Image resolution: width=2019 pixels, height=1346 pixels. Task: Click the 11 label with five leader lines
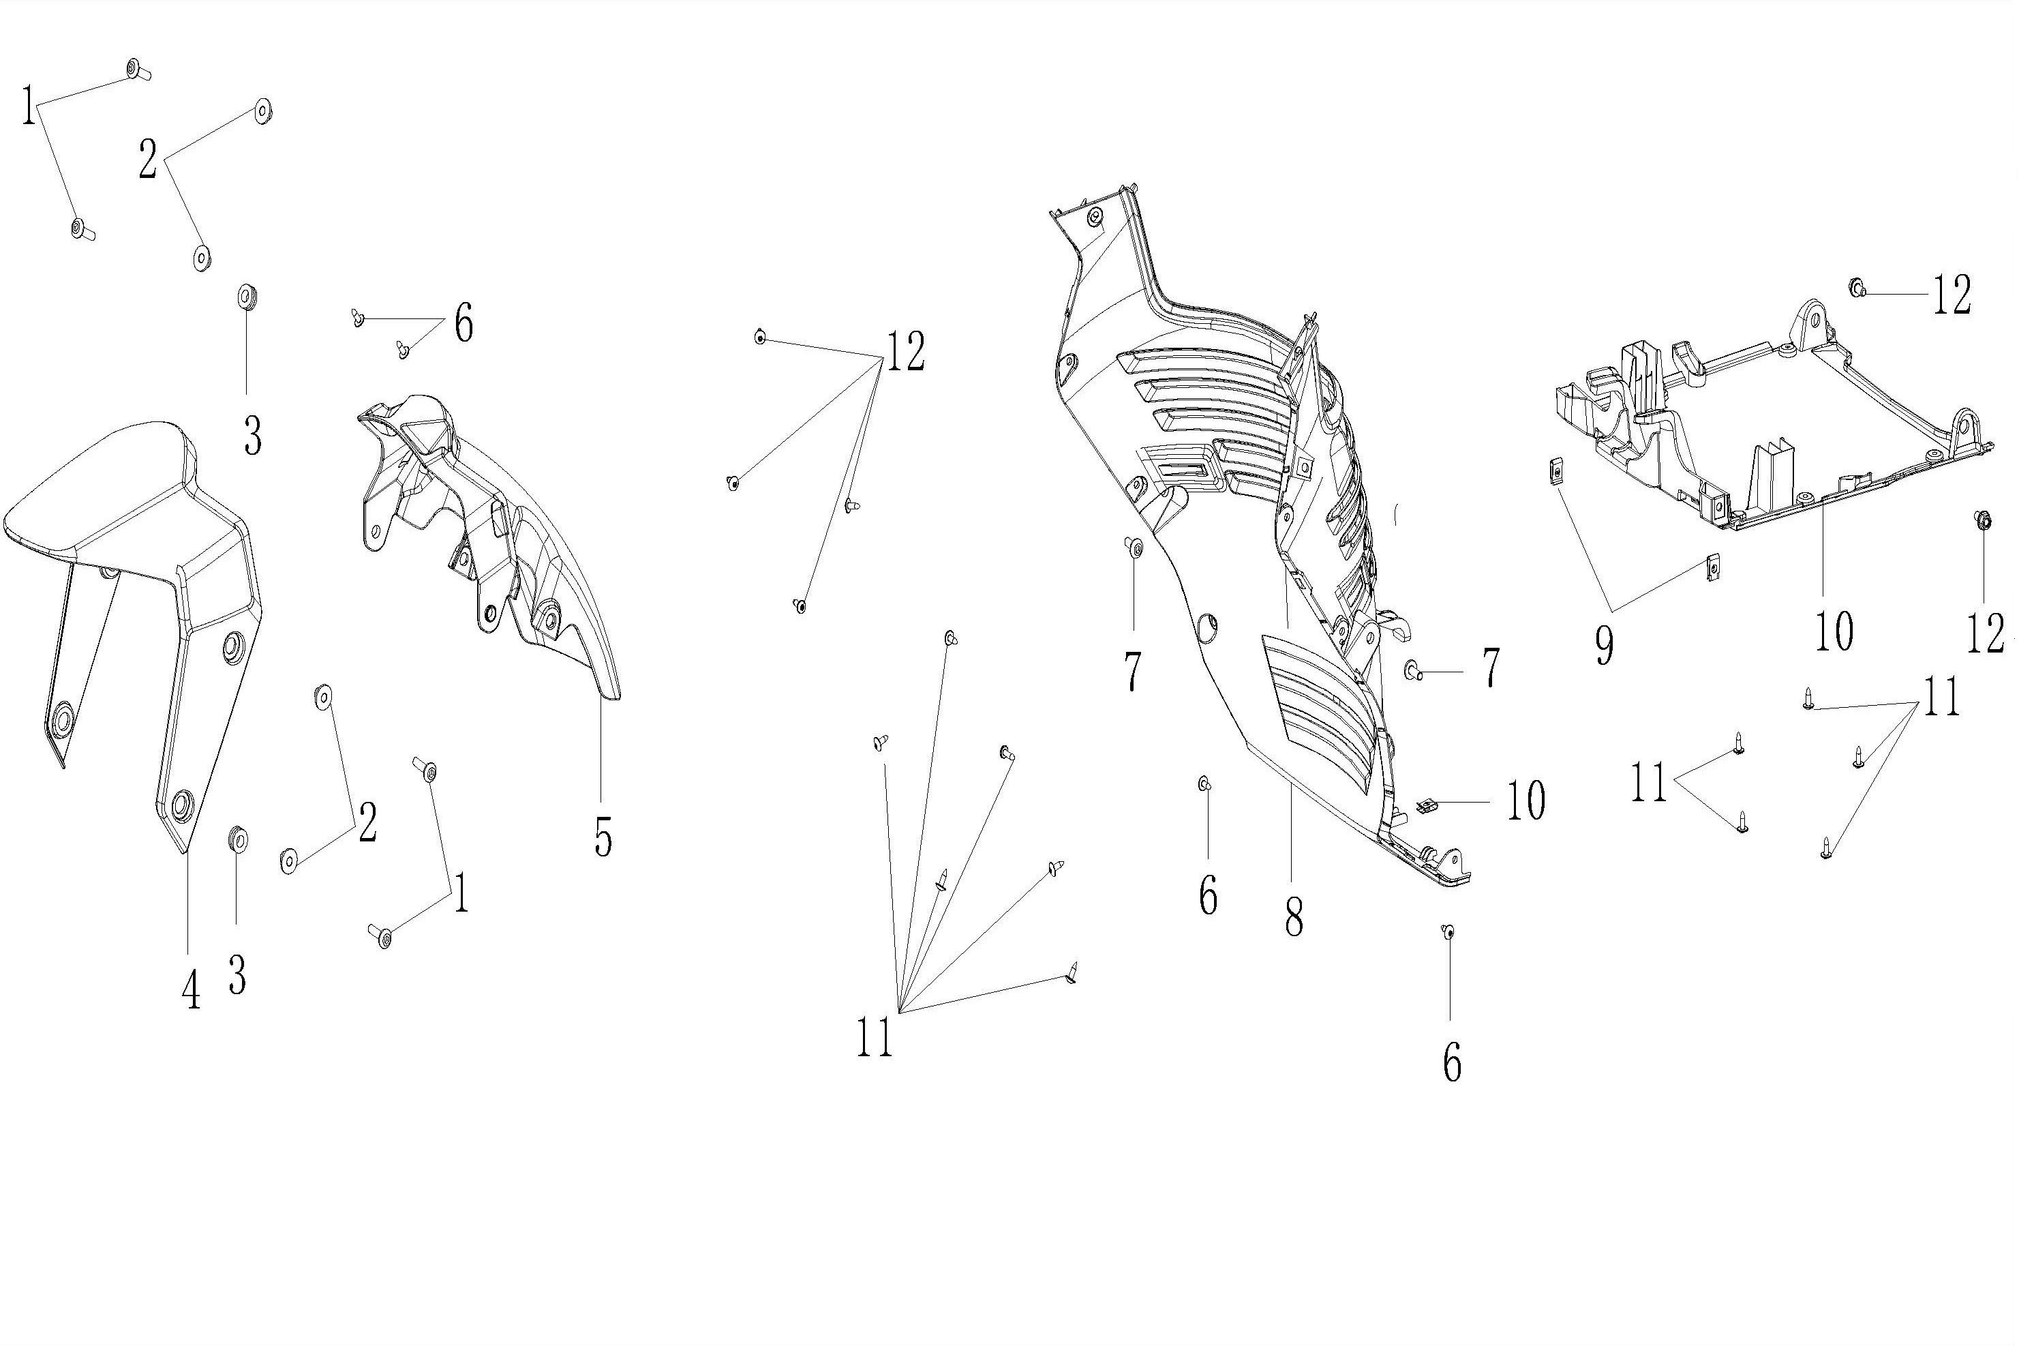tap(875, 1037)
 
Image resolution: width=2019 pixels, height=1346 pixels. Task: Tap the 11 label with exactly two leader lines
tap(1648, 783)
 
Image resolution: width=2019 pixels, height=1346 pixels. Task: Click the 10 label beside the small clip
tap(1525, 800)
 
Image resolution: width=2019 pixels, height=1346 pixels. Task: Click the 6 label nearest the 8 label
tap(1207, 896)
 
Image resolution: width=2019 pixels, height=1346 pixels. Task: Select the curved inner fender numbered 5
tap(498, 533)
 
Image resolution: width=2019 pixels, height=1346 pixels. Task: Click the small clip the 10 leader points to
tap(1426, 806)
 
